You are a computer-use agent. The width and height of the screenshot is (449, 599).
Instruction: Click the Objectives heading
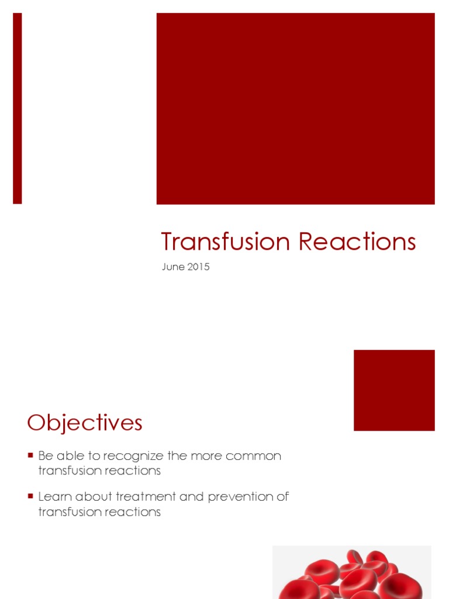pos(85,422)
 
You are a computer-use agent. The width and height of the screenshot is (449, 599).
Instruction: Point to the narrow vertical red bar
pos(18,108)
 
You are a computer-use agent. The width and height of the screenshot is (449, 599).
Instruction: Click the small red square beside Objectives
pos(394,390)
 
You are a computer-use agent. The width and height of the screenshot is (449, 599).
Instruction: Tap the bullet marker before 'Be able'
pos(30,455)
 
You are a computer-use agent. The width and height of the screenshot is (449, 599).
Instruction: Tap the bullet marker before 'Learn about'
pos(30,495)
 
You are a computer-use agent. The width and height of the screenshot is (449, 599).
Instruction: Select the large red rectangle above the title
pos(295,108)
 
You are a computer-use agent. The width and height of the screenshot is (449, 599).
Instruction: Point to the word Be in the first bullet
pos(45,456)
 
